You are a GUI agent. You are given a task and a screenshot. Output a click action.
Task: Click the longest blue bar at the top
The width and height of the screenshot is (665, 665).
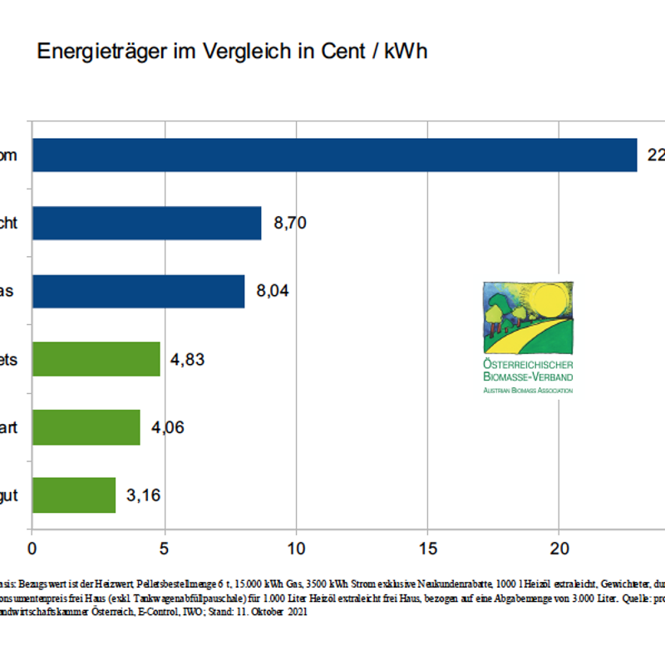(332, 155)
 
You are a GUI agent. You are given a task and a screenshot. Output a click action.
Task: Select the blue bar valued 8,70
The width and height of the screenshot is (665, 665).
(146, 224)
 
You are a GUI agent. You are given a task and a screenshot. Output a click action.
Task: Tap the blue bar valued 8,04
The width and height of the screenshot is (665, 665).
(138, 292)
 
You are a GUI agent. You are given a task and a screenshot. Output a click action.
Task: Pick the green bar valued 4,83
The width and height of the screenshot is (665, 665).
(96, 359)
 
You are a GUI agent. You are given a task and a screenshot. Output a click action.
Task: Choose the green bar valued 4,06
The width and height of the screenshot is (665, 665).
(86, 427)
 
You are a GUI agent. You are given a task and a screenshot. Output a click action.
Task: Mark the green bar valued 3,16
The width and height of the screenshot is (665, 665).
(74, 495)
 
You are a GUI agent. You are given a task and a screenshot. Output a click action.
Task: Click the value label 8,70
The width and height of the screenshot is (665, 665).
(291, 224)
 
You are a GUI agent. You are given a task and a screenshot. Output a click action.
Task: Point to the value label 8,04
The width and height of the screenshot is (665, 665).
(274, 292)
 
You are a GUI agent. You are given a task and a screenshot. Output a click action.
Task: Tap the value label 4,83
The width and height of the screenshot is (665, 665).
(187, 360)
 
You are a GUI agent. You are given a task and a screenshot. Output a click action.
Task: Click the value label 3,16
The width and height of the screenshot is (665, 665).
(143, 496)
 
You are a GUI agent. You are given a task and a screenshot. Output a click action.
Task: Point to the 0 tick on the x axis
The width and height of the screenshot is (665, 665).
(32, 549)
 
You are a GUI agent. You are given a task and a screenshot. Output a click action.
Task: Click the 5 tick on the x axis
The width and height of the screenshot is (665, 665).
(164, 549)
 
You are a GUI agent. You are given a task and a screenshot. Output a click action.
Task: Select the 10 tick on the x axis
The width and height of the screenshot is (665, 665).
(295, 549)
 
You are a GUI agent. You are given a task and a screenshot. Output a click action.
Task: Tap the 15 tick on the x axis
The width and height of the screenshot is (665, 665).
(427, 549)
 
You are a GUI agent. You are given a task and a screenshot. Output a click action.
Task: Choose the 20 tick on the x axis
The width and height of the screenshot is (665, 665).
(559, 549)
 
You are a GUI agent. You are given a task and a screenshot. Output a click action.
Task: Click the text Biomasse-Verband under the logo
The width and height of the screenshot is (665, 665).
(528, 377)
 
